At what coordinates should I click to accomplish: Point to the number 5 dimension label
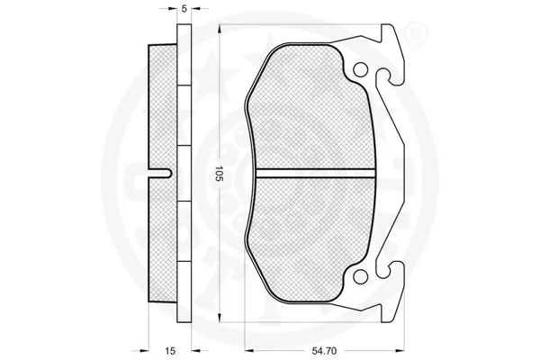point(184,9)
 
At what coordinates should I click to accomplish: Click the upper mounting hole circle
point(362,70)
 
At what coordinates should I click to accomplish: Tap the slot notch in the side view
point(162,171)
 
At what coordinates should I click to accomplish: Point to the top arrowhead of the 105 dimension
point(218,26)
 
